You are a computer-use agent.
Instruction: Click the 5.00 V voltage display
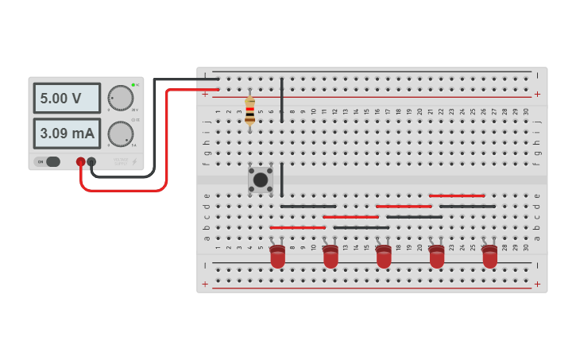pos(67,99)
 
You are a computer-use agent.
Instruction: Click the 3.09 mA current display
pos(67,133)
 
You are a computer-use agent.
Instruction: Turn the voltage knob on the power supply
pos(121,97)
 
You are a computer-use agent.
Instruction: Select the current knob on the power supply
pos(121,134)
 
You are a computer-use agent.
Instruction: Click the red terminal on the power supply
pos(81,162)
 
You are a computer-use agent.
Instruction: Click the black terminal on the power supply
pos(92,162)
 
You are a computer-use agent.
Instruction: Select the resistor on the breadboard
pos(250,110)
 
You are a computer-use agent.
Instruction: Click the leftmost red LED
pos(277,257)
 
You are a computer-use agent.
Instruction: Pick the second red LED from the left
pos(331,257)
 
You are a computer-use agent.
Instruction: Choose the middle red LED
pos(384,257)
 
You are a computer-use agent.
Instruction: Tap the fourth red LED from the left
pos(437,257)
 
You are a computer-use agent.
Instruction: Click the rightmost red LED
pos(489,257)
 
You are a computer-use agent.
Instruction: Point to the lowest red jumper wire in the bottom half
pos(298,227)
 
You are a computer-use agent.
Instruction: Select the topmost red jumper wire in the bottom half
pos(457,195)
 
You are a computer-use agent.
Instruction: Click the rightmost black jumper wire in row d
pos(467,207)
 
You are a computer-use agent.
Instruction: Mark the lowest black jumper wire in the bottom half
pos(361,227)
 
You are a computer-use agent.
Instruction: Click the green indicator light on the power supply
pos(133,84)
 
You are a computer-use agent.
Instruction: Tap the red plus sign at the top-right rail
pos(537,94)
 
